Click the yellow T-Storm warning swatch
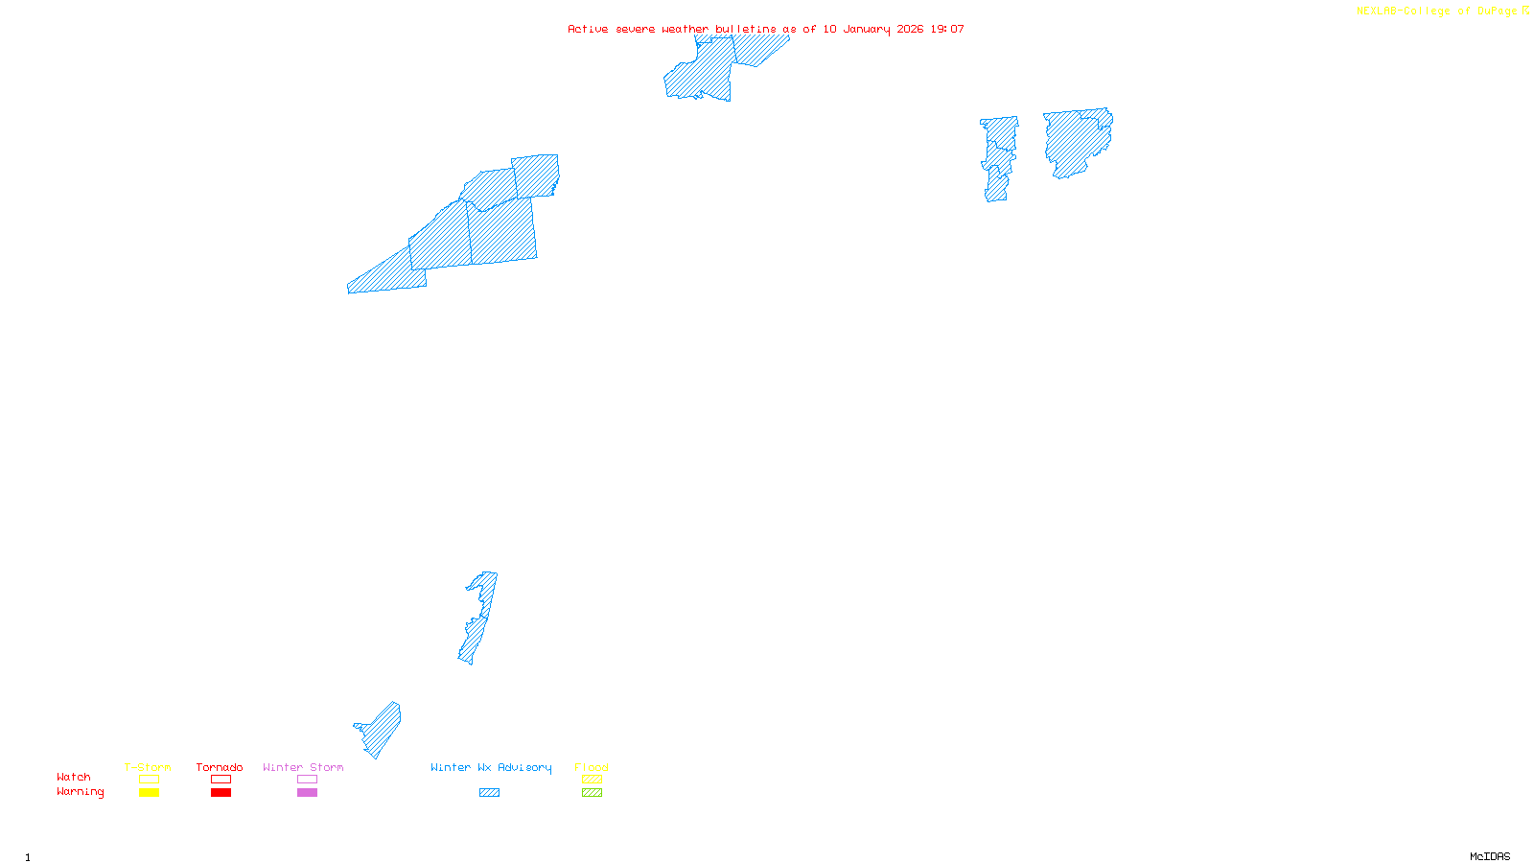tap(149, 793)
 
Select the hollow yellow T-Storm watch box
tap(149, 780)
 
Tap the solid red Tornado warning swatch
tap(221, 793)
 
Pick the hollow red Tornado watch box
tap(221, 780)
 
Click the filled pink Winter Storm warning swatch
tap(307, 793)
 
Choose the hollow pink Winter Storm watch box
tap(307, 780)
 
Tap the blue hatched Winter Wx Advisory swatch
tap(489, 793)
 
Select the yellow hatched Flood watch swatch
tap(592, 780)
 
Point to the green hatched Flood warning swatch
tap(592, 793)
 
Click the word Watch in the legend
tap(74, 778)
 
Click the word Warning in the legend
tap(80, 792)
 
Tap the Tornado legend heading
tap(220, 767)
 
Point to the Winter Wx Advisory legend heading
tap(491, 767)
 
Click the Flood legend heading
tap(592, 767)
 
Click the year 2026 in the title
tap(910, 29)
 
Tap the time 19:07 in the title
tap(947, 29)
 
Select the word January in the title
tap(867, 29)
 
